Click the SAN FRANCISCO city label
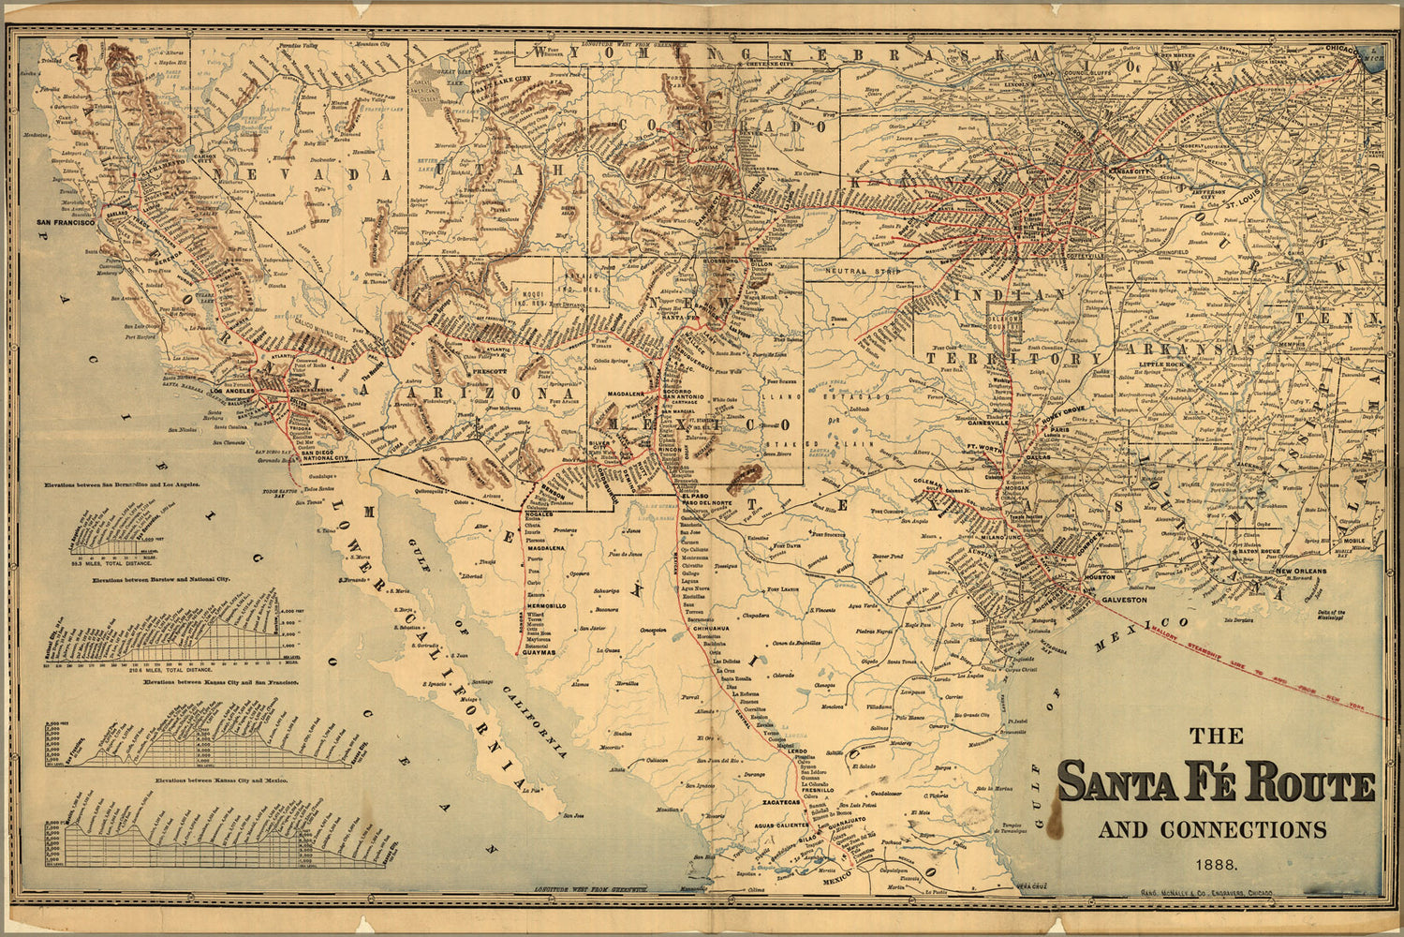[66, 223]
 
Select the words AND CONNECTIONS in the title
[1212, 830]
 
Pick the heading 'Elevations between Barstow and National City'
[161, 581]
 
